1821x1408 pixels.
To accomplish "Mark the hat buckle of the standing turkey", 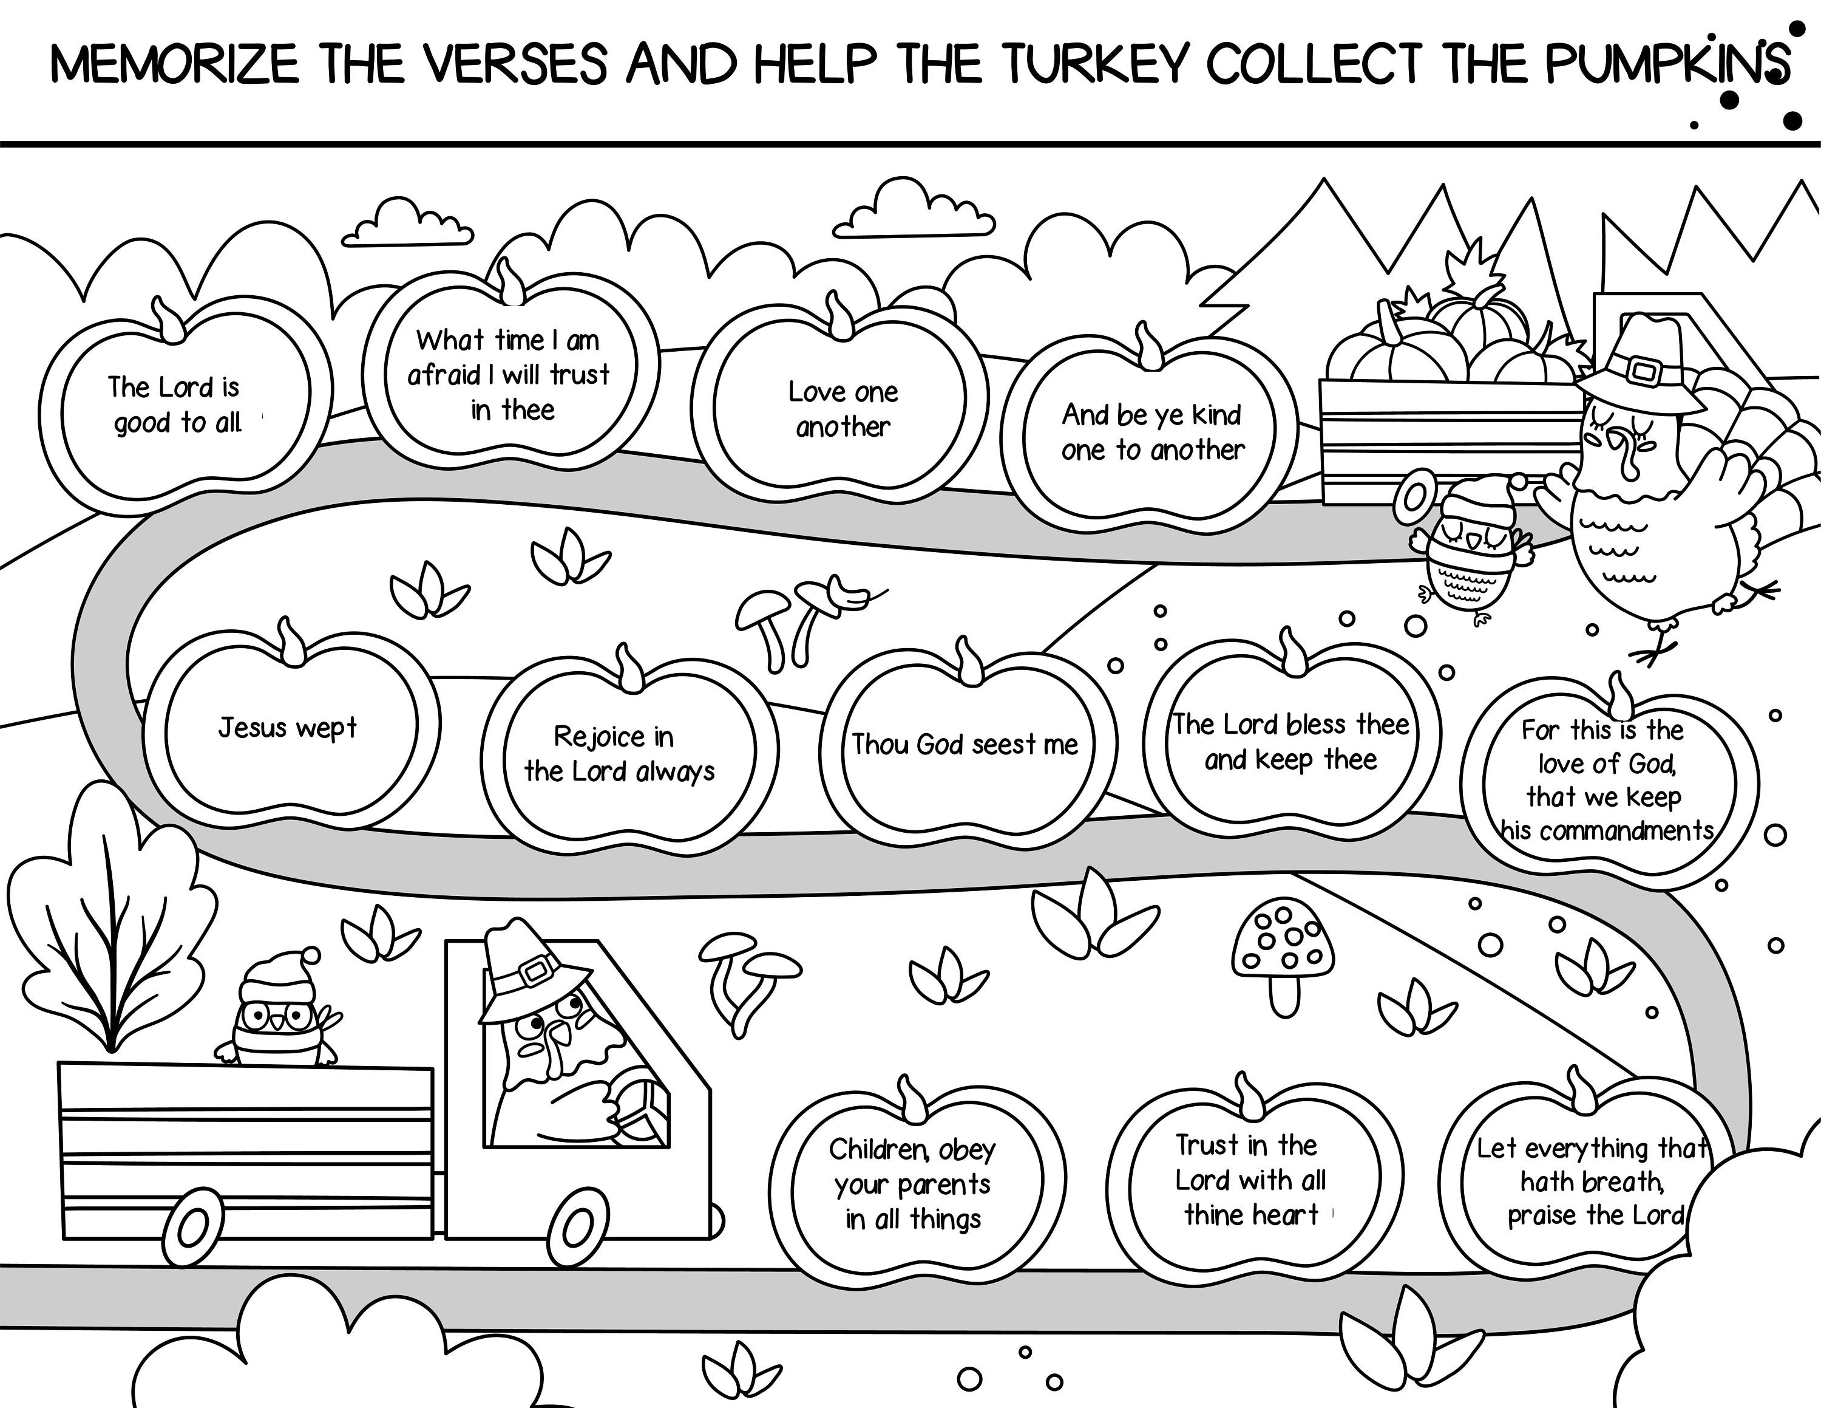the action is click(1642, 371).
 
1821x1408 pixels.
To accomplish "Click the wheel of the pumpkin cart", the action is click(1415, 498).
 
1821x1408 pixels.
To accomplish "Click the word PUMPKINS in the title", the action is click(1666, 63).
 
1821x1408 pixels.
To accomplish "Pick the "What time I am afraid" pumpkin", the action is click(510, 375).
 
